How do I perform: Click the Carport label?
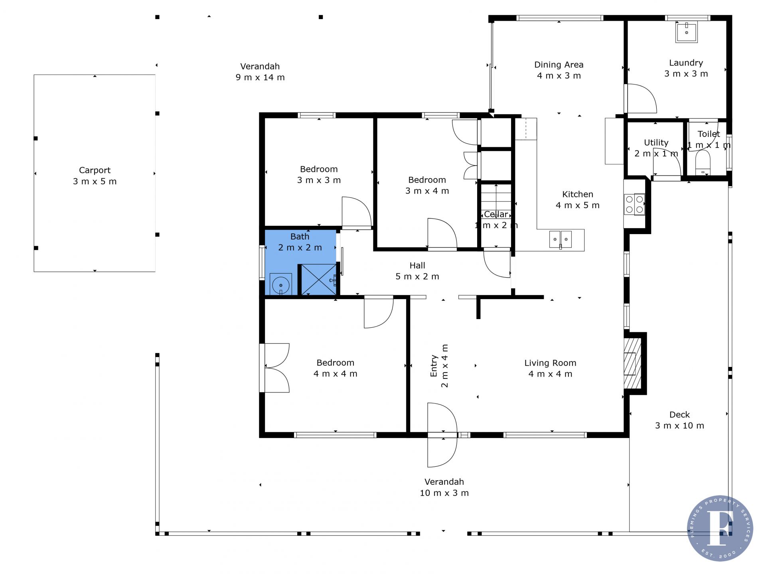coord(95,170)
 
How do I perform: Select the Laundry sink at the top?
coord(686,32)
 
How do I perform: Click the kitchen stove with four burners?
coord(634,204)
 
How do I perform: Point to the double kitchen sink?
coord(560,239)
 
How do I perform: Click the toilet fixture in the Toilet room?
coord(703,163)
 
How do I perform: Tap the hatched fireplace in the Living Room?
coord(632,363)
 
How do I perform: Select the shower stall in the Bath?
coord(319,279)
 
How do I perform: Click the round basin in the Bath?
coord(281,284)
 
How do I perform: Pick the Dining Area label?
coord(559,65)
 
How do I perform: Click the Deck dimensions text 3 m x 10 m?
coord(679,426)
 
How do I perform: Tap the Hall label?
coord(417,265)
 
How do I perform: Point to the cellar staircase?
coord(496,200)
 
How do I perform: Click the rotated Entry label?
coord(434,366)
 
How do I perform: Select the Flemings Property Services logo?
coord(720,529)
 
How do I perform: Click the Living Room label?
coord(550,363)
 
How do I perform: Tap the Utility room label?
coord(656,142)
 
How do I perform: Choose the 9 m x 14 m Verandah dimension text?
coord(260,77)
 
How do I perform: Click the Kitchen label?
coord(578,194)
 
